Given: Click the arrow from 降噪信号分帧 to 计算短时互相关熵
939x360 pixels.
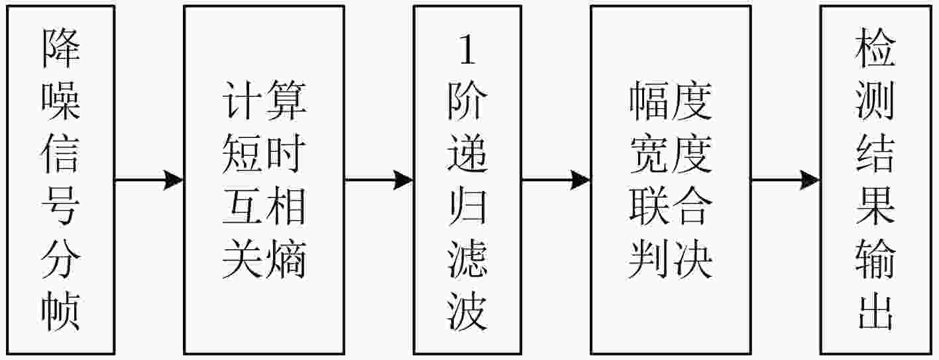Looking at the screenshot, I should [148, 180].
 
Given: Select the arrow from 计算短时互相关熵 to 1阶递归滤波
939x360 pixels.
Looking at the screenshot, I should [378, 180].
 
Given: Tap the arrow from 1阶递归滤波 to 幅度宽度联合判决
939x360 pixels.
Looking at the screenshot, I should [555, 180].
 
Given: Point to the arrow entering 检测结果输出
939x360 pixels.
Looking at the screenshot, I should [785, 180].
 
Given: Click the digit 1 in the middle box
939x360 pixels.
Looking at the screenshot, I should [467, 52].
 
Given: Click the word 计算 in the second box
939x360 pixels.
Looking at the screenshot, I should [264, 105].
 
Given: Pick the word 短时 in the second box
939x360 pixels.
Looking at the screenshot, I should [264, 156].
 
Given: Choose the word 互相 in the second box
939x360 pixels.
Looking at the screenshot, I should [264, 208].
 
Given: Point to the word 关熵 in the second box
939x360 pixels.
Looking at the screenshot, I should [264, 259].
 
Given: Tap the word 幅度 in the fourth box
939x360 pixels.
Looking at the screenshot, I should [671, 105].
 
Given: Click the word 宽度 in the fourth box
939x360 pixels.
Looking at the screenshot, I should [671, 156].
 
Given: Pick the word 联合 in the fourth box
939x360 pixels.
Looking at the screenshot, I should [671, 208].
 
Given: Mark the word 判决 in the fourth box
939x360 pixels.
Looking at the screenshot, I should [671, 259].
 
